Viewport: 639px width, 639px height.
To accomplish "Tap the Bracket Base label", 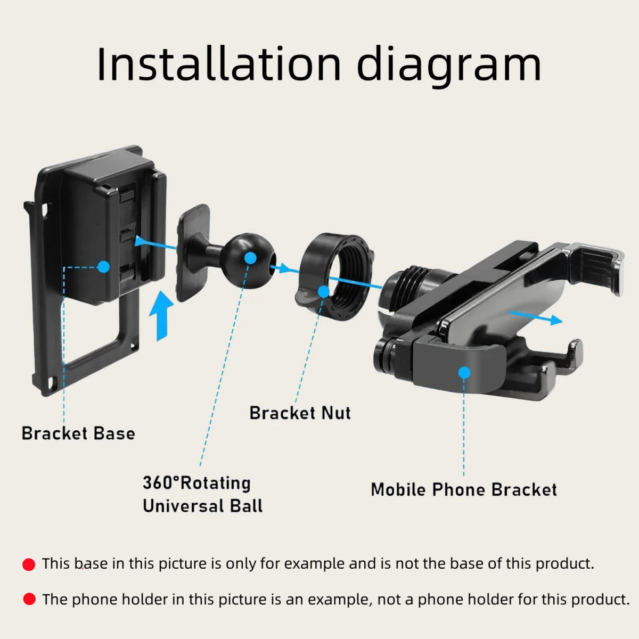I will [78, 433].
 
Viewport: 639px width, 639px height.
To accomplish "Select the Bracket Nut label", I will [300, 413].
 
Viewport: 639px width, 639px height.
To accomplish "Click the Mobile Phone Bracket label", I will [463, 489].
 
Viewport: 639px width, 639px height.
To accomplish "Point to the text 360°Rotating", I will [196, 482].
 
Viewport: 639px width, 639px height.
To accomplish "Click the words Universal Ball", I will [202, 506].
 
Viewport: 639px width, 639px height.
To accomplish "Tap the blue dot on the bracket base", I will [103, 267].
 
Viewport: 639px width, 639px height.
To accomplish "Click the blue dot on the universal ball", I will [251, 258].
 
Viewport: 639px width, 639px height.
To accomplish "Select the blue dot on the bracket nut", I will [323, 291].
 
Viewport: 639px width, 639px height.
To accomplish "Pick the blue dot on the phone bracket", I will [464, 372].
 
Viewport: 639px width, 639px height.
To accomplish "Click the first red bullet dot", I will [29, 564].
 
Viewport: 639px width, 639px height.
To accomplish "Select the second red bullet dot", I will [29, 600].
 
